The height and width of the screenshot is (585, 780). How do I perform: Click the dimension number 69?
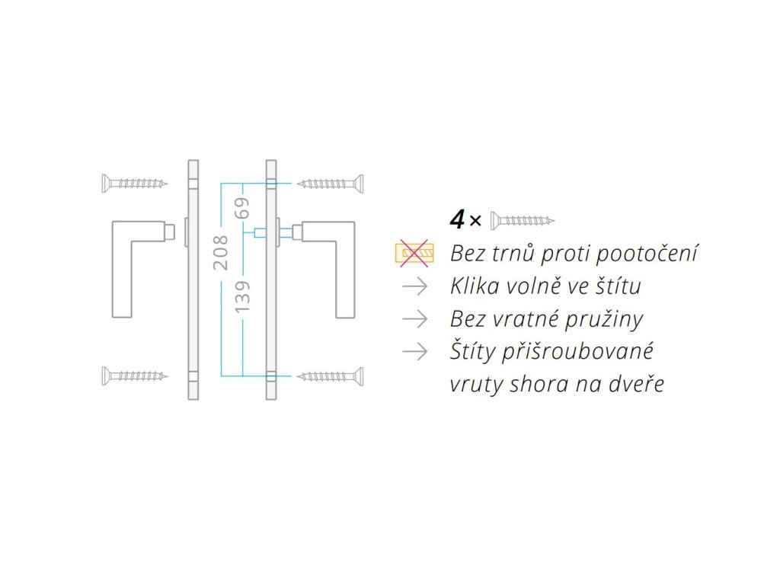click(x=243, y=208)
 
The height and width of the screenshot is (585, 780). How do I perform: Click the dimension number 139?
click(x=243, y=296)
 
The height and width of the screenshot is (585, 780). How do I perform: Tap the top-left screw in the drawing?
click(x=135, y=183)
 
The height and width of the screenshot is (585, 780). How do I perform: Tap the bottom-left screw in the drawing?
click(x=135, y=375)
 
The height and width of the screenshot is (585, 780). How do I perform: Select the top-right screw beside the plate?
click(x=330, y=183)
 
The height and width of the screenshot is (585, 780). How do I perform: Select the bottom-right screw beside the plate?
click(x=330, y=376)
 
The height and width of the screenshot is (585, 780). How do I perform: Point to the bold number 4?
click(x=457, y=220)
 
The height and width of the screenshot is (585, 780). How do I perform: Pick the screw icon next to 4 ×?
click(x=523, y=220)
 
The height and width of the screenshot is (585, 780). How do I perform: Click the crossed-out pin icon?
click(x=414, y=253)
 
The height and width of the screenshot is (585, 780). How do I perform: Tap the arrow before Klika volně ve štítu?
click(x=414, y=286)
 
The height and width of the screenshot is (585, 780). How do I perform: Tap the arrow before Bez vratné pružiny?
click(x=414, y=318)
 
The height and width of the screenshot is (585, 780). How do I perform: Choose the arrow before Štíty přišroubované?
click(x=414, y=351)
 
